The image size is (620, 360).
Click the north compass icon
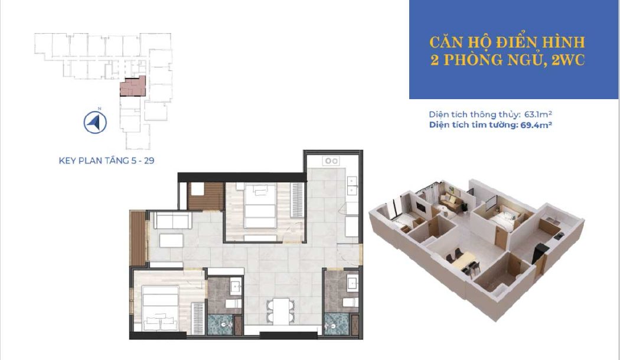(x=94, y=122)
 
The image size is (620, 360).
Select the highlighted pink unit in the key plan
(x=131, y=87)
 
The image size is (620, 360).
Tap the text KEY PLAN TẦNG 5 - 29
(x=106, y=159)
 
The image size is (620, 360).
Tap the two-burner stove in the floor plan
(x=330, y=161)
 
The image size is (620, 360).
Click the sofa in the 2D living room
(x=171, y=221)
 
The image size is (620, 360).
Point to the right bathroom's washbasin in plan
(x=353, y=283)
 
